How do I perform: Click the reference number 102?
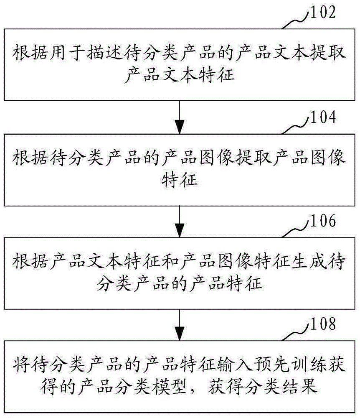tap(323, 12)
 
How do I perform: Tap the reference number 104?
tap(323, 117)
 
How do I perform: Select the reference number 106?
tap(323, 221)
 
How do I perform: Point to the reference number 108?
tap(323, 324)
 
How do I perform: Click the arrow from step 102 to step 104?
tap(180, 117)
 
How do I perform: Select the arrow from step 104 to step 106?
tap(180, 222)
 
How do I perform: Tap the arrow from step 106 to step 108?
tap(180, 325)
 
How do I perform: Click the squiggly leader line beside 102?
tap(296, 20)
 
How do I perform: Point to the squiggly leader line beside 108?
tap(296, 332)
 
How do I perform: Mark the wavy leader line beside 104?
tap(296, 125)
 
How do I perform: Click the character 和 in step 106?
tap(170, 261)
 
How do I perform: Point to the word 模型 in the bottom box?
tap(170, 387)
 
